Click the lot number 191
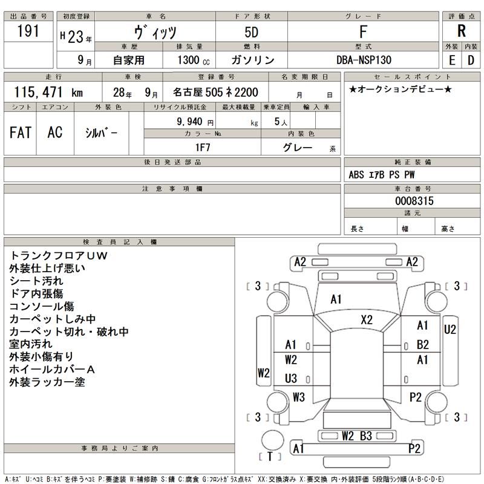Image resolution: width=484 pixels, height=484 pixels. click(28, 31)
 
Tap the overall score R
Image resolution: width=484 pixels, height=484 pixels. click(461, 32)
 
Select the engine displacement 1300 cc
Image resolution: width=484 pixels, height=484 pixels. click(193, 60)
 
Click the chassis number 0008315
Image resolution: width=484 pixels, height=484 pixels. click(414, 201)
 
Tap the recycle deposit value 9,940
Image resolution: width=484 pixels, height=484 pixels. click(189, 121)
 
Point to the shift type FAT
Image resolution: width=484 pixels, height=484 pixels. click(21, 132)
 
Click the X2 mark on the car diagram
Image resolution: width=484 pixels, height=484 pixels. click(367, 319)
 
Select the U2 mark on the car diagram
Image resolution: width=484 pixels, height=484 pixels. click(450, 330)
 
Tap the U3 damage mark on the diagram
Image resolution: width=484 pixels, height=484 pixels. click(291, 378)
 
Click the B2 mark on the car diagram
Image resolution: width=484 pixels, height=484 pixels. click(422, 344)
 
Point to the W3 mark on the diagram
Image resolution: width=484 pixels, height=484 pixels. click(298, 397)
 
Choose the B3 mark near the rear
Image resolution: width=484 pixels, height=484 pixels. click(366, 435)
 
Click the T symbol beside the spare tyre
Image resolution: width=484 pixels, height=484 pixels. click(269, 457)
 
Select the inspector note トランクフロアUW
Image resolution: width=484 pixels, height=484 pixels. click(58, 255)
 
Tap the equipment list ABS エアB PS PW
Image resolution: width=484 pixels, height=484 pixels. click(382, 175)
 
